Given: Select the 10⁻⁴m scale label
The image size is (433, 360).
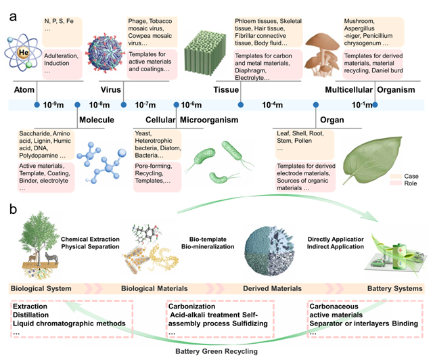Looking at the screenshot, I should (273, 106).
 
